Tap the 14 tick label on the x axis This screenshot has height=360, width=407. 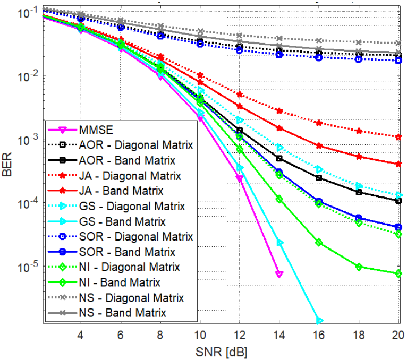coord(279,337)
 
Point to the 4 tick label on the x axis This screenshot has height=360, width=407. coord(80,337)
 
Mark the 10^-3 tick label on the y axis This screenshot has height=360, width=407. coord(27,139)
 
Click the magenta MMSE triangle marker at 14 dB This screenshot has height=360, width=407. coord(279,274)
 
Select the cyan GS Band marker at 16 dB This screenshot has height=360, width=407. coord(319,321)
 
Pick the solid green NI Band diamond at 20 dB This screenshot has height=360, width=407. coord(399,273)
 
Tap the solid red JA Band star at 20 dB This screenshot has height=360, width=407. coord(399,164)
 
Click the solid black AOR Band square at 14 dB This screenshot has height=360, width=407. coord(279,158)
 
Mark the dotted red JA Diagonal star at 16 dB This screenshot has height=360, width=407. coord(319,123)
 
